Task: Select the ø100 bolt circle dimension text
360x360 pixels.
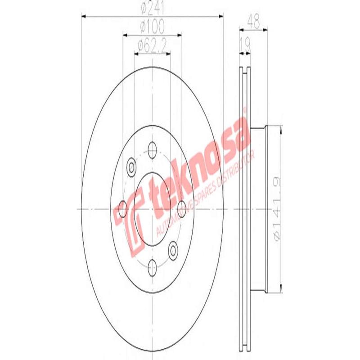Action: click(x=152, y=27)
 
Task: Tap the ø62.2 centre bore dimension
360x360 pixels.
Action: click(x=152, y=45)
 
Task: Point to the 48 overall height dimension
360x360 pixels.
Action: click(x=255, y=21)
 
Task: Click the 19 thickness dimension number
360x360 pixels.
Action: click(x=245, y=45)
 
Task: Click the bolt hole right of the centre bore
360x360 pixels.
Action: click(x=182, y=207)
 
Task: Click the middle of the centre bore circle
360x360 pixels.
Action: click(x=152, y=209)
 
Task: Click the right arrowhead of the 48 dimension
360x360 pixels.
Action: click(x=268, y=29)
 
